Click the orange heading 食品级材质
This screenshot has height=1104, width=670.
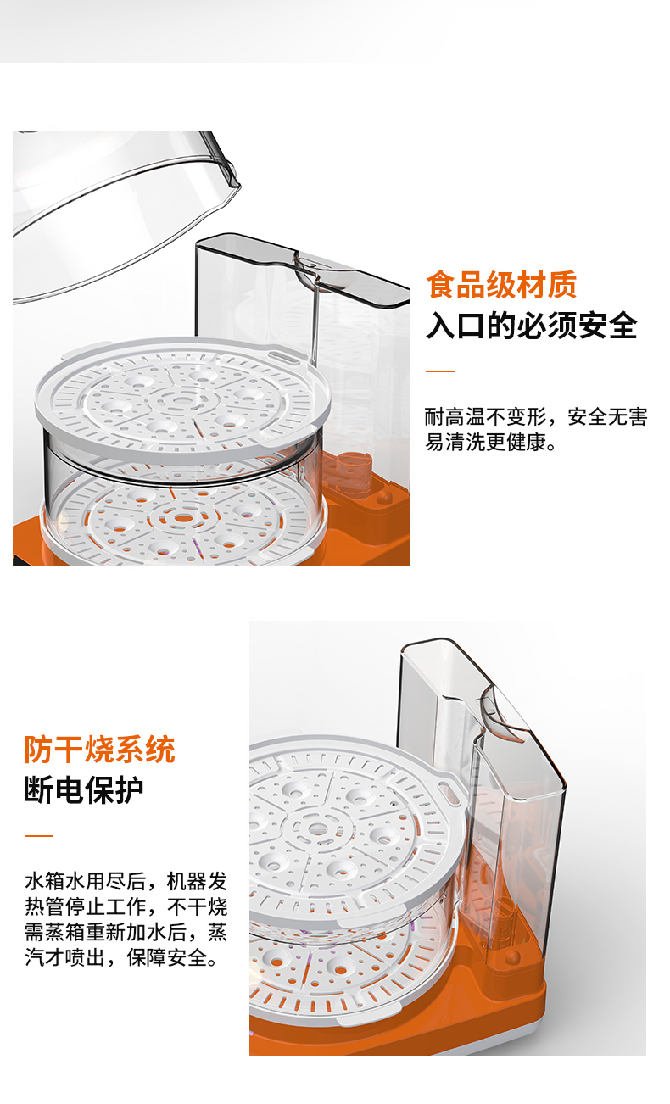(x=501, y=285)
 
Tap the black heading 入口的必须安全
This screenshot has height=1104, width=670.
(x=532, y=326)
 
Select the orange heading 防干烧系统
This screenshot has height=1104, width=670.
(x=100, y=750)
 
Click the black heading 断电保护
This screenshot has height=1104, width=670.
(x=84, y=790)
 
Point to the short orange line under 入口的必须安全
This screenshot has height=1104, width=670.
(x=440, y=371)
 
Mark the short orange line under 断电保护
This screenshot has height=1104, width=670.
(x=39, y=835)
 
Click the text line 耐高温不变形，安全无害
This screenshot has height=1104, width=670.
(x=536, y=417)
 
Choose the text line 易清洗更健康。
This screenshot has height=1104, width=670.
(x=491, y=442)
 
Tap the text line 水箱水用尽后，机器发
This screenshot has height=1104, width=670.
(x=126, y=881)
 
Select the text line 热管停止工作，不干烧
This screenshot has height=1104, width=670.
(x=126, y=906)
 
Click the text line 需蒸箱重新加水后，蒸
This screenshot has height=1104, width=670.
(x=126, y=932)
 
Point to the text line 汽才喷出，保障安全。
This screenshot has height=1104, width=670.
(x=121, y=957)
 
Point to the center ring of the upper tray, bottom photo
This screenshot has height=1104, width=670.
(x=316, y=829)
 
